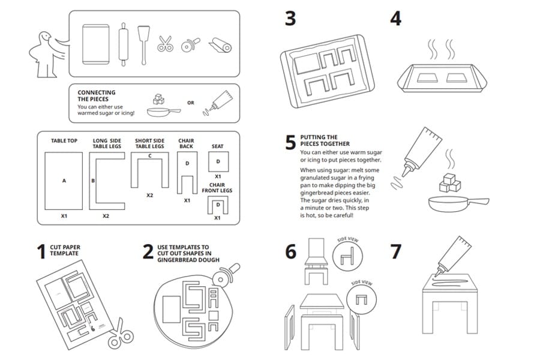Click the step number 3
click(x=290, y=19)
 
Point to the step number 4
click(x=395, y=19)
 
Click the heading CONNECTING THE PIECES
click(x=97, y=96)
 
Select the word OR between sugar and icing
click(x=191, y=103)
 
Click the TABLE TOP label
click(x=64, y=141)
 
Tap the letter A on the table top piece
click(x=64, y=179)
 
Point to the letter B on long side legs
click(x=93, y=180)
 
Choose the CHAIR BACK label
click(x=186, y=144)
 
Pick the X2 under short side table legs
click(x=149, y=196)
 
